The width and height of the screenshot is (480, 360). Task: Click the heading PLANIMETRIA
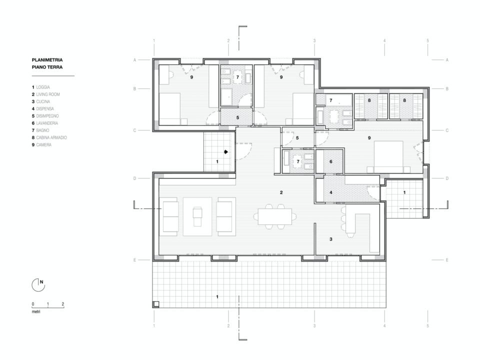(x=47, y=60)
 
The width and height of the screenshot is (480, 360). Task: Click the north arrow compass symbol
(x=38, y=285)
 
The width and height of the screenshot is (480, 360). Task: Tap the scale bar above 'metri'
(x=48, y=306)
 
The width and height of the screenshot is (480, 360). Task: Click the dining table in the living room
(x=275, y=216)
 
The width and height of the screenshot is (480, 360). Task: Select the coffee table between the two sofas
(x=197, y=216)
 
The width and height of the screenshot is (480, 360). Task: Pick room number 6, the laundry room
(x=331, y=161)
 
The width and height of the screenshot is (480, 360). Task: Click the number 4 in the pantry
(x=331, y=192)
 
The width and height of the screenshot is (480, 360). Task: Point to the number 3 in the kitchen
(x=331, y=239)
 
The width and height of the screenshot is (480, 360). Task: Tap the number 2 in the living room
(x=281, y=192)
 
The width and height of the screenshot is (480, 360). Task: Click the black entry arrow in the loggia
(x=226, y=151)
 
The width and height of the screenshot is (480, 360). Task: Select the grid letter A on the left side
(x=134, y=60)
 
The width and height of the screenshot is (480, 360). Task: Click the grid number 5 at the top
(x=428, y=40)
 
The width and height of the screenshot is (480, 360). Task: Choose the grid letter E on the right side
(x=447, y=260)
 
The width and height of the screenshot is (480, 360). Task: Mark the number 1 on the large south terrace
(x=217, y=296)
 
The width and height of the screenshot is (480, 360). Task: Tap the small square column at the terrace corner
(x=156, y=304)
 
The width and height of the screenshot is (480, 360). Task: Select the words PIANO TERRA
(x=47, y=67)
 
